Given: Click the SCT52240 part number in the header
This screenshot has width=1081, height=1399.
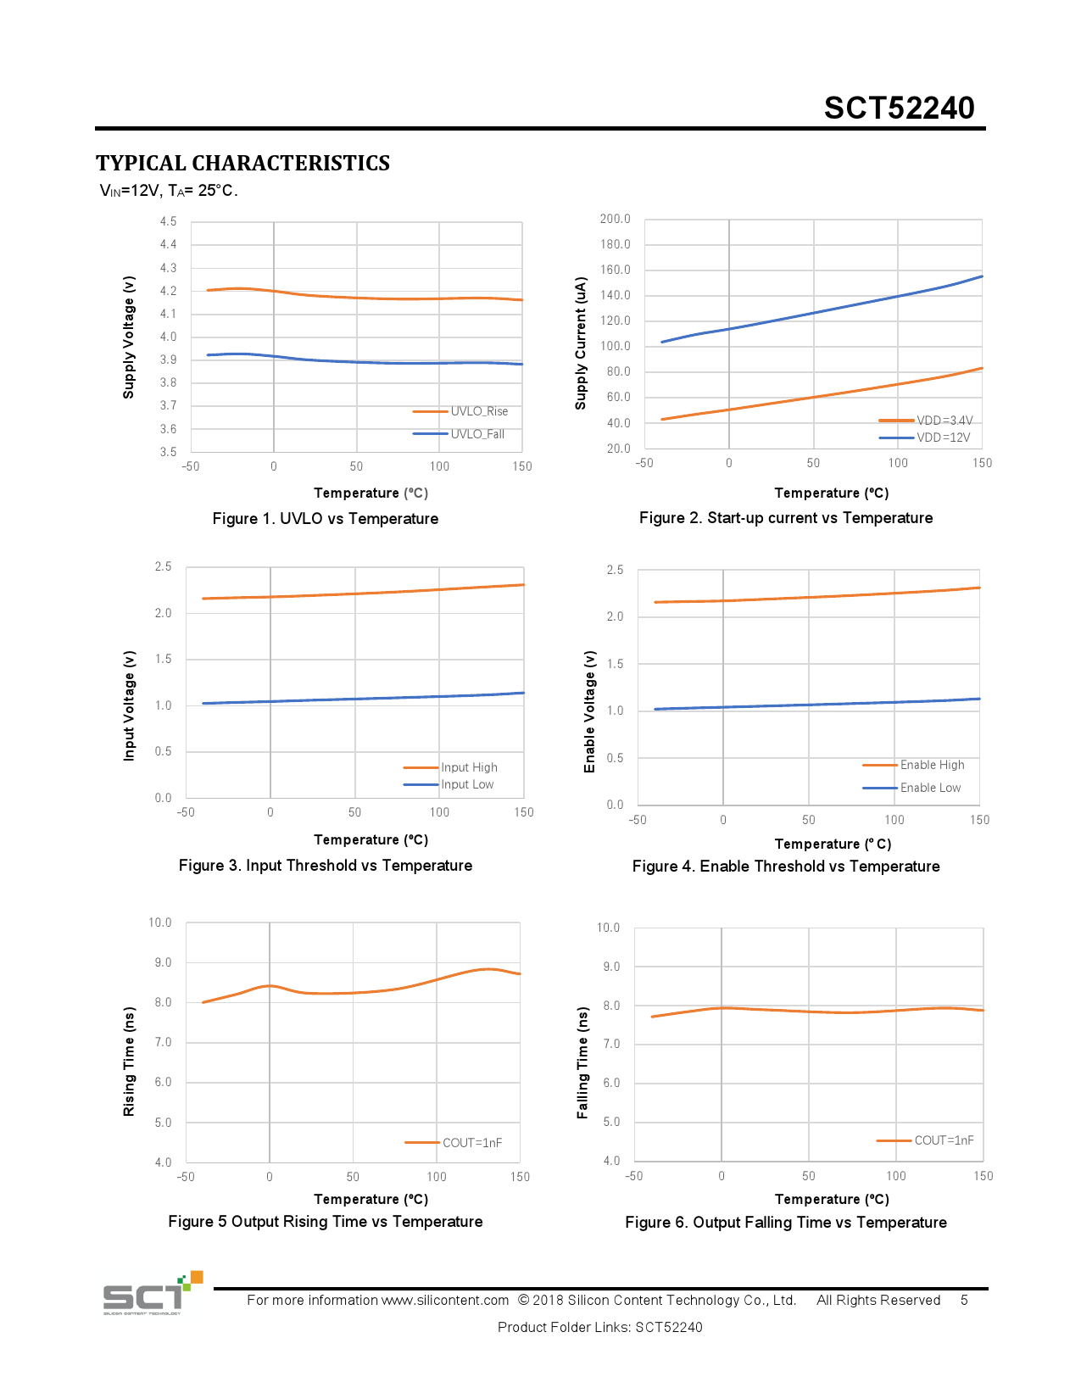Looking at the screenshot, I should [x=899, y=109].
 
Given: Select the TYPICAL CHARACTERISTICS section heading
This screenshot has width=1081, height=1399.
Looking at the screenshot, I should [x=242, y=163].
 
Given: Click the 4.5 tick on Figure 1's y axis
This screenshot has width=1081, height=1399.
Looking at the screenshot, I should [x=168, y=221].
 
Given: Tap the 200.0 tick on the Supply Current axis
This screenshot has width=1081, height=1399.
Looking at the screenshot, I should [x=615, y=219].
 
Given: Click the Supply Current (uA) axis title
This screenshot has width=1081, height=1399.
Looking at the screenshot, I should [x=581, y=343].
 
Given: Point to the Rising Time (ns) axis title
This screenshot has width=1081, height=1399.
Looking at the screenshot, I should [x=129, y=1062].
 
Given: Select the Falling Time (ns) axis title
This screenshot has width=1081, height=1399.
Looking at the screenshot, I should [x=582, y=1063].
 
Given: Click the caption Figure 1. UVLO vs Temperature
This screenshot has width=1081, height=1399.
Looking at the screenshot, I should [x=326, y=519].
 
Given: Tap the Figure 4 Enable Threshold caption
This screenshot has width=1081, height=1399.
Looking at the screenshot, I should [x=786, y=867].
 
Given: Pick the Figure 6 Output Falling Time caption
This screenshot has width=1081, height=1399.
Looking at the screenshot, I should [x=786, y=1223].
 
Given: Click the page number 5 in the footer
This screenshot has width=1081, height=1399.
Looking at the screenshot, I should [x=964, y=1301].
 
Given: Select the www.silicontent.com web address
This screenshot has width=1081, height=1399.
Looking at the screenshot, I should [x=445, y=1301].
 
